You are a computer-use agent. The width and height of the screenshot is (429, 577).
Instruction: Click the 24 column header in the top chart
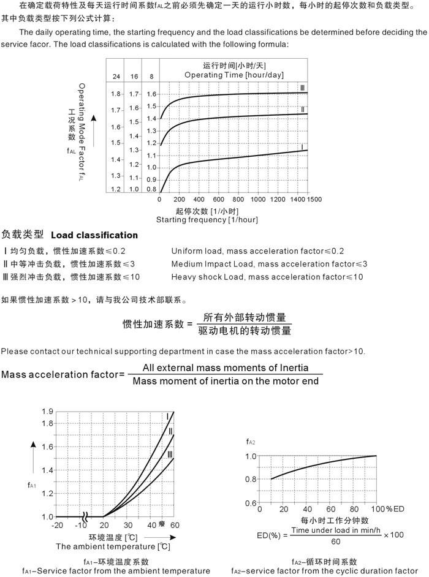coord(116,77)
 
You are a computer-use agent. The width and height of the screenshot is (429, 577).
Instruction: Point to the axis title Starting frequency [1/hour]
coord(207,219)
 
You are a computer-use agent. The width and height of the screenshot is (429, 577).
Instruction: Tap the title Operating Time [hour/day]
coord(234,75)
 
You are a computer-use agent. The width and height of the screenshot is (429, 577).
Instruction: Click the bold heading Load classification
coord(94,235)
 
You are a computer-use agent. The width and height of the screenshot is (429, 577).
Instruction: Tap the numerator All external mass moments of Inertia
coord(225,368)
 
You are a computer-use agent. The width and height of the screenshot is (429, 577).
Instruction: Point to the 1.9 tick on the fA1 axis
coord(48,411)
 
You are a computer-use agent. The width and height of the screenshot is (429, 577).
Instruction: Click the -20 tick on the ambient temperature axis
coord(57,526)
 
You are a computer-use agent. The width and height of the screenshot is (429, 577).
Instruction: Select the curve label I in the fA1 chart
coord(167,417)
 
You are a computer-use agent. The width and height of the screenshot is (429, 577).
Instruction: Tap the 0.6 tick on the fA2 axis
coord(251,503)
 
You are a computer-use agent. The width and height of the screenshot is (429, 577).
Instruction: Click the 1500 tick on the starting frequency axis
coord(314,200)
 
